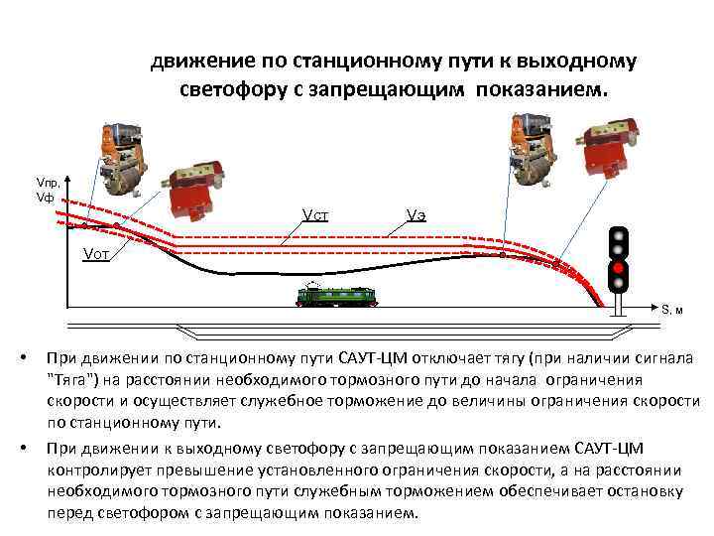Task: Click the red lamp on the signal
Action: pyautogui.click(x=618, y=268)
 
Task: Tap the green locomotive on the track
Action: pyautogui.click(x=332, y=295)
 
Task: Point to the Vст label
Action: pyautogui.click(x=316, y=215)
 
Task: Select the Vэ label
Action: pyautogui.click(x=416, y=215)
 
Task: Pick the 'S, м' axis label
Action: pyautogui.click(x=673, y=309)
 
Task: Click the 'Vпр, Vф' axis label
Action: pyautogui.click(x=48, y=191)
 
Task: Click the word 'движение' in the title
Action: pyautogui.click(x=197, y=63)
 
